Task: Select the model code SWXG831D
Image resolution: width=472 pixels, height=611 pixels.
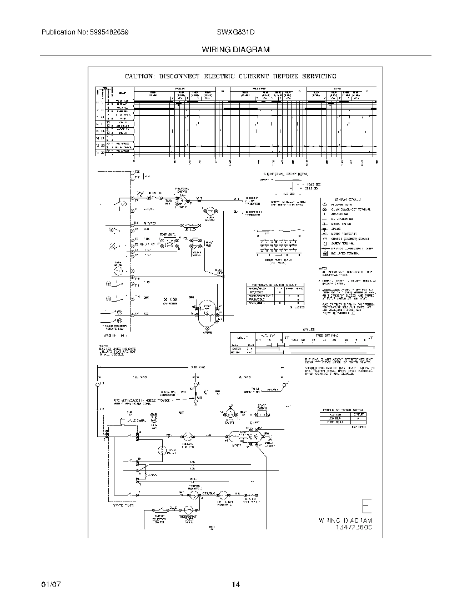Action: tap(236, 33)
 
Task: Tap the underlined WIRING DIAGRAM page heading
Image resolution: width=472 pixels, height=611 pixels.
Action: tap(235, 49)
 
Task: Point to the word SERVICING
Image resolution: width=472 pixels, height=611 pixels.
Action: tap(315, 76)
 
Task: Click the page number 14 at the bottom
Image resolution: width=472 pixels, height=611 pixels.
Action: tap(235, 585)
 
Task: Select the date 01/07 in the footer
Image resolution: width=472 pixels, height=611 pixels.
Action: tap(50, 585)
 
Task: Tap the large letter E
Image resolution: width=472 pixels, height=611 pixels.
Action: tap(366, 507)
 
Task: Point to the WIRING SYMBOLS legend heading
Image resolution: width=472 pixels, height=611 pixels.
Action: tap(347, 198)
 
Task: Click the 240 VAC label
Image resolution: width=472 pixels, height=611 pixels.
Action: tap(198, 367)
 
